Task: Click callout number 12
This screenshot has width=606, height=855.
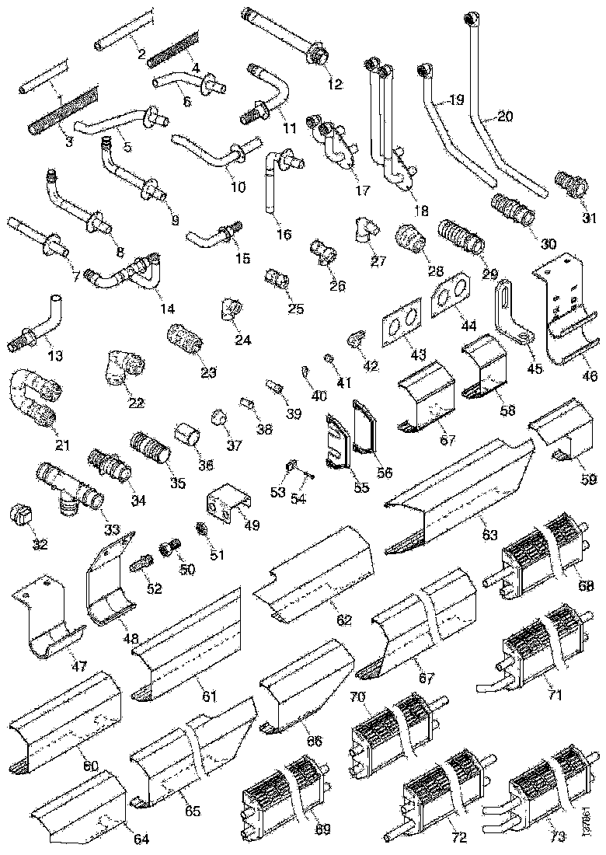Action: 334,85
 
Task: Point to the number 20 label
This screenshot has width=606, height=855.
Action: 505,117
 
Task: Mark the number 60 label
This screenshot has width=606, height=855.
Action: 90,766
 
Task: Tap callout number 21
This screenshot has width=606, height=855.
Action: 62,445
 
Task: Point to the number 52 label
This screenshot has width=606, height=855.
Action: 154,588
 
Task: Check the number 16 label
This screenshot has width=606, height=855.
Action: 284,234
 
